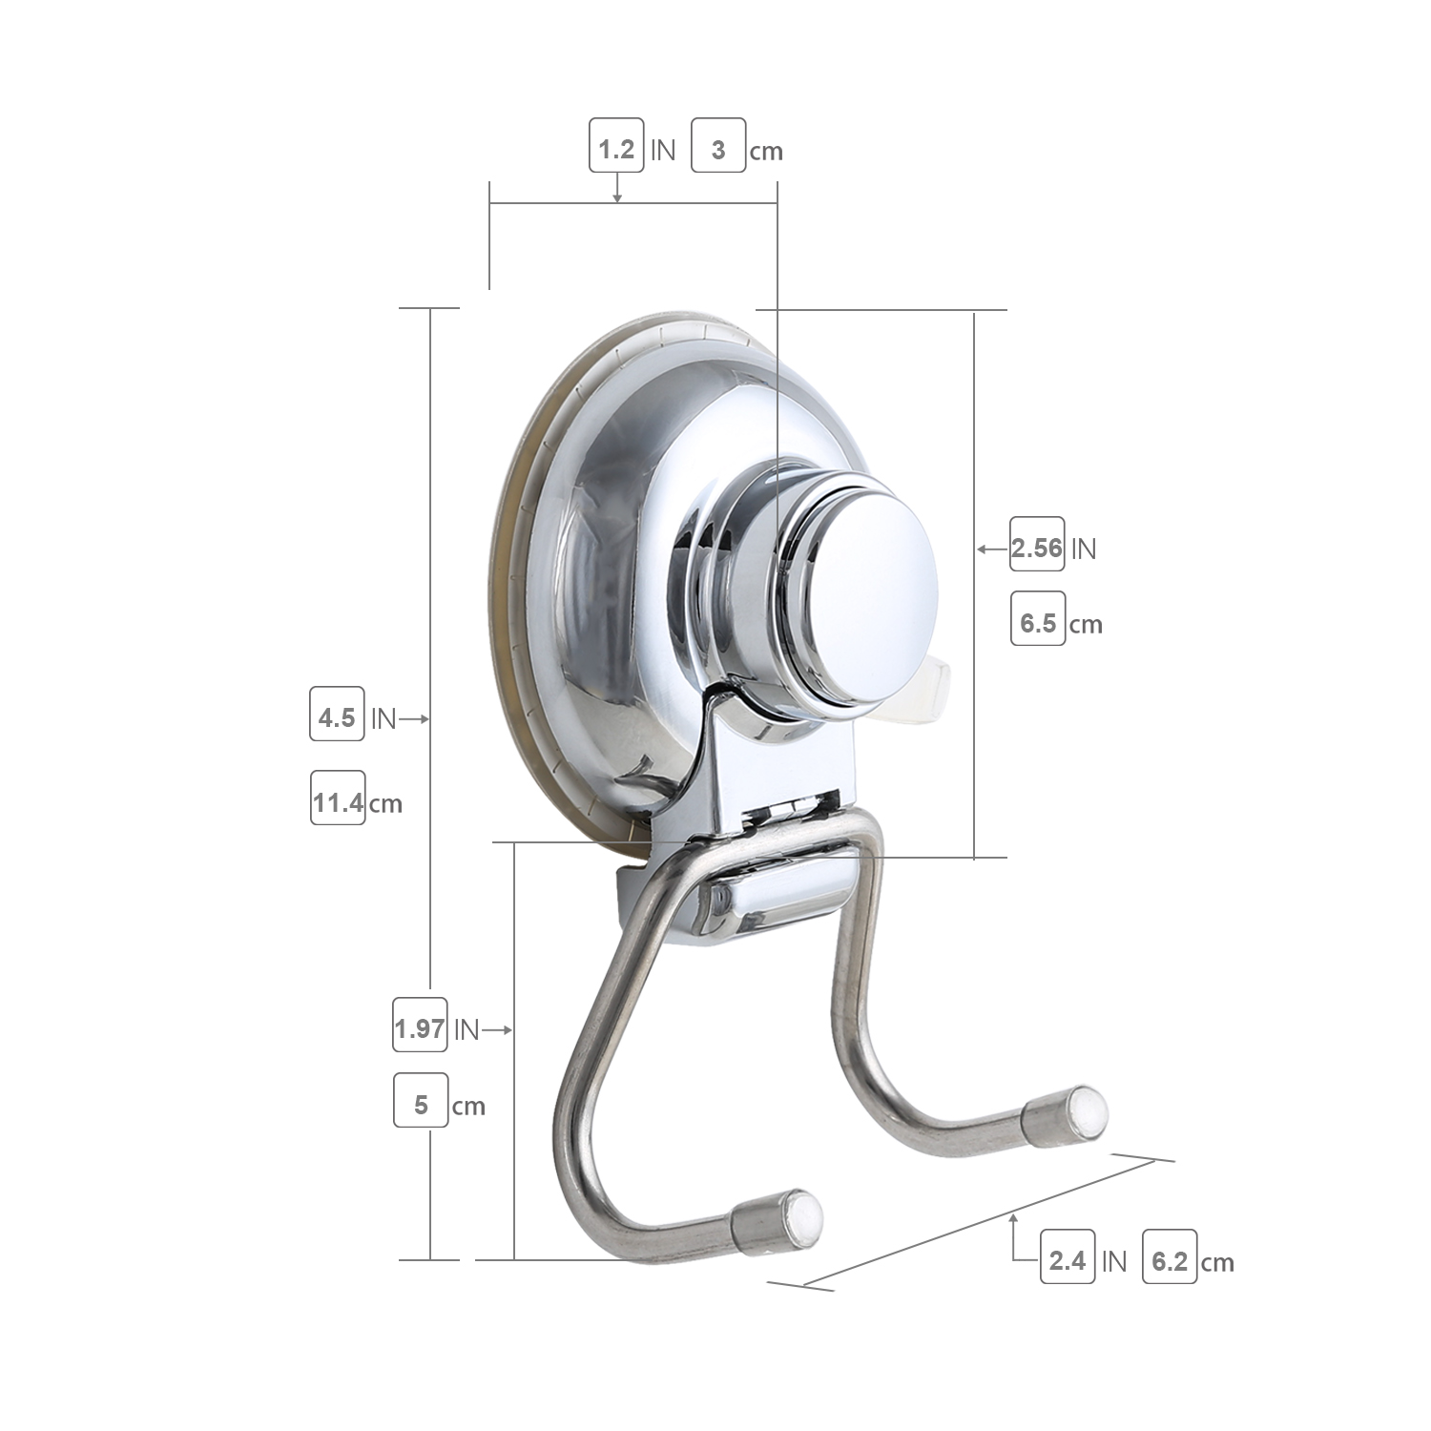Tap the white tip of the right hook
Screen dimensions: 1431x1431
click(1089, 1110)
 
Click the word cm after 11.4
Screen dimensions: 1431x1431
click(385, 804)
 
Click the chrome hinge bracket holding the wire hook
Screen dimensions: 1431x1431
click(778, 897)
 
